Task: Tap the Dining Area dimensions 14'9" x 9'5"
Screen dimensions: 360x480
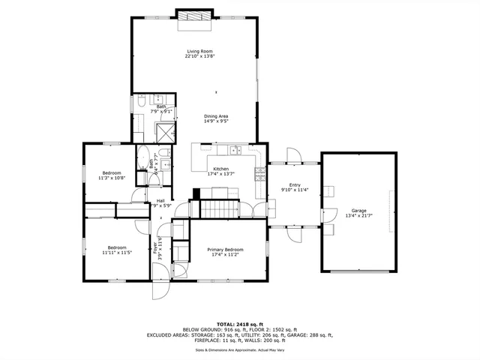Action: coord(216,120)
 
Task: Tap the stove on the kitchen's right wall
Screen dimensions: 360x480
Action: coord(260,174)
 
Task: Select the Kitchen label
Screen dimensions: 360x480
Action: coord(220,169)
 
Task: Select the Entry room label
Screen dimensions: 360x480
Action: coord(294,185)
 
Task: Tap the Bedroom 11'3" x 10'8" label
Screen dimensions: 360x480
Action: coord(111,175)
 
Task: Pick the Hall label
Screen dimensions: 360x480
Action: coord(160,200)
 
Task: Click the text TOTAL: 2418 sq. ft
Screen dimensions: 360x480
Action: coord(240,324)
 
